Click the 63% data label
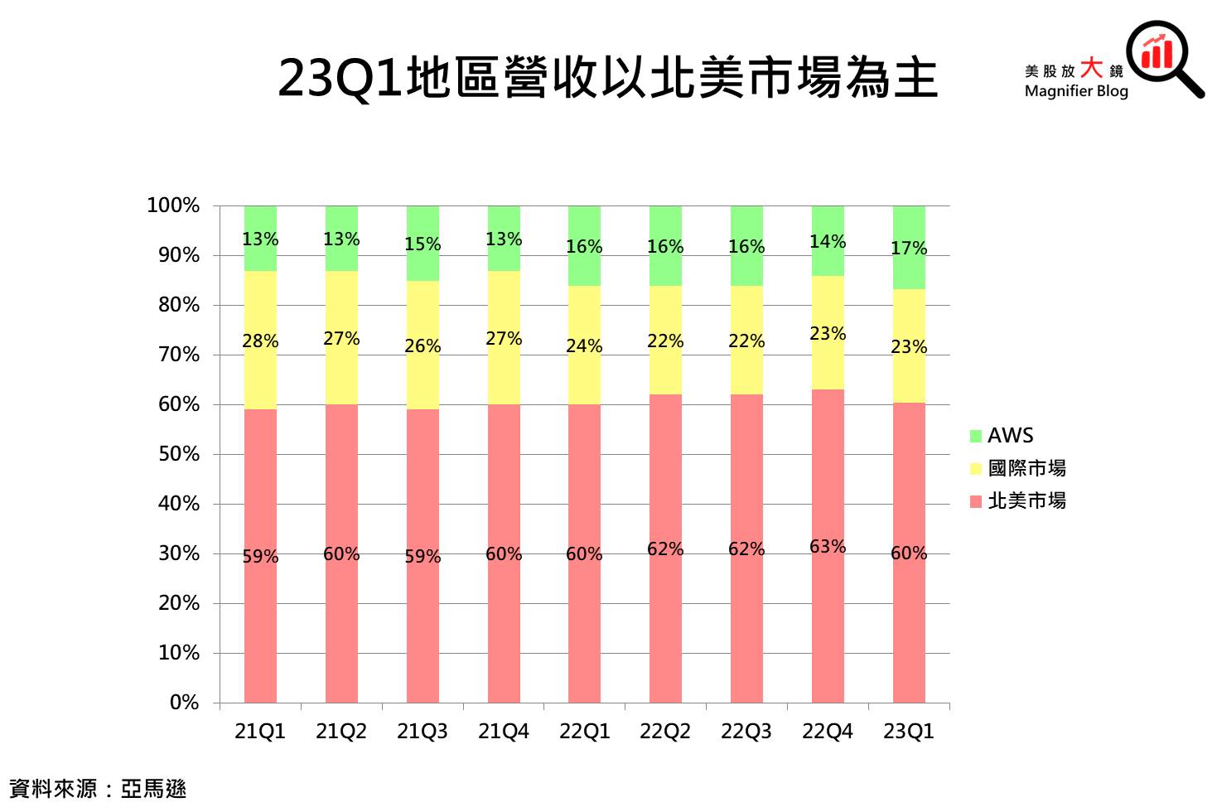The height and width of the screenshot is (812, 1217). click(828, 547)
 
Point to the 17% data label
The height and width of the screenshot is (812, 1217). click(909, 249)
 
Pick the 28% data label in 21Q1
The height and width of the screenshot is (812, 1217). click(260, 341)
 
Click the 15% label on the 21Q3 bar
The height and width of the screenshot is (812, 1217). click(423, 244)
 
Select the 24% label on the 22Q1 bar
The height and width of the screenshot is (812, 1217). click(584, 346)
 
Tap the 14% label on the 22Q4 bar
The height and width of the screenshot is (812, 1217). click(828, 242)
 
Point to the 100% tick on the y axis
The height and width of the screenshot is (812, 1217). click(173, 205)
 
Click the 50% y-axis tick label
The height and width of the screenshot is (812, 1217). click(178, 454)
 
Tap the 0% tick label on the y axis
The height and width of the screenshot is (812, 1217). click(184, 703)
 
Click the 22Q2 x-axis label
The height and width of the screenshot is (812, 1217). click(665, 732)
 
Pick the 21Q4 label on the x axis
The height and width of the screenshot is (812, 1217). click(504, 732)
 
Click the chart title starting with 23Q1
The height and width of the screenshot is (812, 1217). click(607, 79)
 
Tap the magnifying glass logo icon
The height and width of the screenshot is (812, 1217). click(1163, 56)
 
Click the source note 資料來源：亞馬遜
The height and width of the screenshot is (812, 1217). click(98, 789)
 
